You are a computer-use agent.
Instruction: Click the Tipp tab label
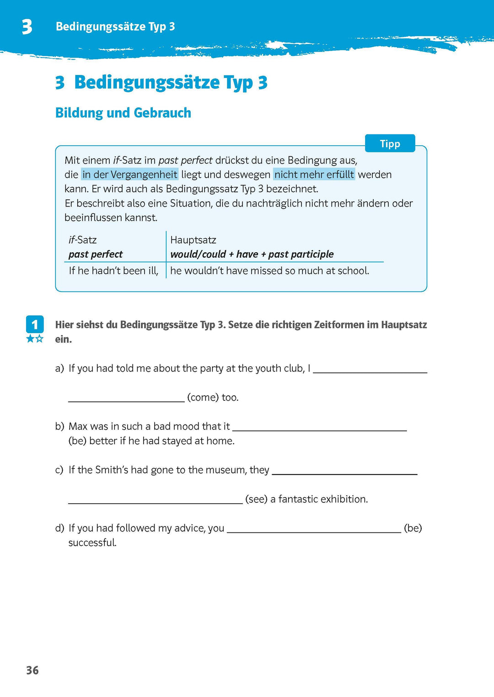[x=390, y=144]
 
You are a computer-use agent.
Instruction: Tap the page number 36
[x=32, y=670]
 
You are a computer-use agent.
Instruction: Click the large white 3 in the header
[x=27, y=27]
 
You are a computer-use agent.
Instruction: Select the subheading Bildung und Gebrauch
[x=123, y=113]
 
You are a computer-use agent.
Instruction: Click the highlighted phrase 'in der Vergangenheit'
[x=129, y=175]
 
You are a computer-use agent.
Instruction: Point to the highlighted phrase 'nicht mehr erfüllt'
[x=314, y=175]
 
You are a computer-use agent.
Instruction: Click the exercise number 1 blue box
[x=35, y=325]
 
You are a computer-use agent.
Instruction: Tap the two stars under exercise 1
[x=35, y=339]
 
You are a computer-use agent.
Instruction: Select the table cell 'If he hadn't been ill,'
[x=113, y=271]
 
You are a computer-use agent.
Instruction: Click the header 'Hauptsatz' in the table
[x=193, y=240]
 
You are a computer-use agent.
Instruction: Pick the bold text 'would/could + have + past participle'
[x=252, y=254]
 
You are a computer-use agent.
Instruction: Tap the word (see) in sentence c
[x=256, y=499]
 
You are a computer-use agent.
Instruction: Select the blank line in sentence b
[x=319, y=429]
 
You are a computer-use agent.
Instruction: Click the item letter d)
[x=59, y=528]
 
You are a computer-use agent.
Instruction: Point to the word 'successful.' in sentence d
[x=92, y=543]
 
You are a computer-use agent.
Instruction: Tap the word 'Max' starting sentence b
[x=78, y=426]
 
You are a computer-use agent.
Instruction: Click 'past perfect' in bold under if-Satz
[x=96, y=254]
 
